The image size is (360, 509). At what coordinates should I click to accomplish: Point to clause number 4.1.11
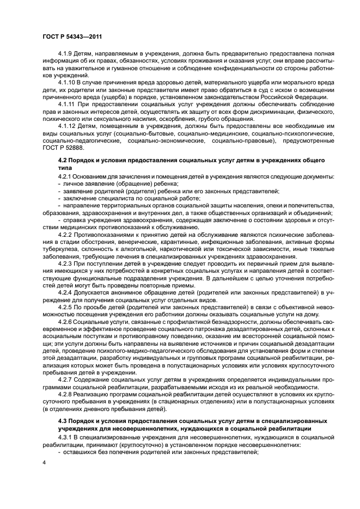pos(68,104)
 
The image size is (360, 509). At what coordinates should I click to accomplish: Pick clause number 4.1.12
pos(68,125)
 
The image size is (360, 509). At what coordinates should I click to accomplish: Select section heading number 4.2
pos(64,161)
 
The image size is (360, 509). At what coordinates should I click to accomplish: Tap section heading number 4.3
pos(64,421)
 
